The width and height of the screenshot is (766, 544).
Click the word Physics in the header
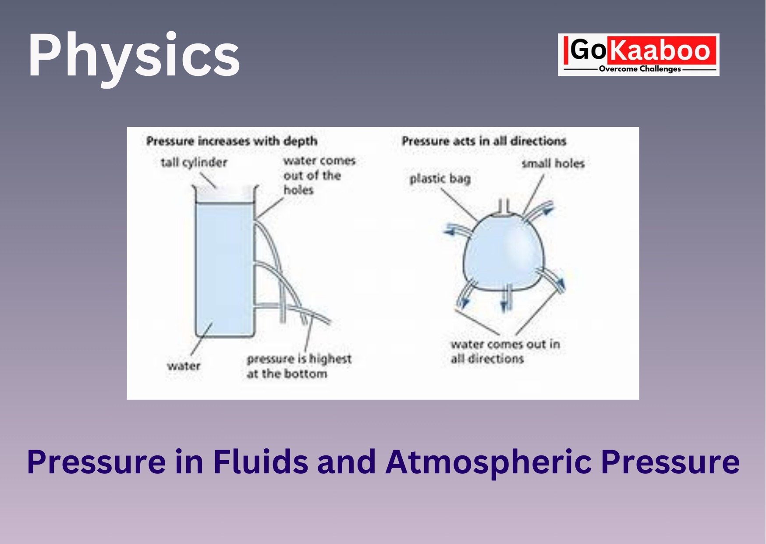tap(134, 56)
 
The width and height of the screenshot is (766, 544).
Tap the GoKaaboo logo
tap(638, 54)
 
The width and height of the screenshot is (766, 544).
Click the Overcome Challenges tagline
tap(640, 69)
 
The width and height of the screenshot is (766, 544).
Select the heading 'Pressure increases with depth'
tap(232, 141)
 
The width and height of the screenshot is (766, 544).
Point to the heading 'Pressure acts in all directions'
tap(484, 141)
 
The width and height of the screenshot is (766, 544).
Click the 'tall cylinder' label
tap(194, 163)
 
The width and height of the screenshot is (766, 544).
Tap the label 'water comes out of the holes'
tap(319, 175)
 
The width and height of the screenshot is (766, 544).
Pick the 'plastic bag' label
tap(440, 179)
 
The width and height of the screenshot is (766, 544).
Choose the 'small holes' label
tap(553, 164)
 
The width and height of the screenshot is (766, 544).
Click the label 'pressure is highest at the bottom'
tap(299, 366)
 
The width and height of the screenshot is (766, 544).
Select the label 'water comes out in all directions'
tap(505, 351)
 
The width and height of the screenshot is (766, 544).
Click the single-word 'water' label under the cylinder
tap(184, 366)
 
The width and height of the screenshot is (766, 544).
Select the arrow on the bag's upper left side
tap(458, 231)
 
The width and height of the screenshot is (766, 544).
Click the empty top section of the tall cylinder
tap(224, 194)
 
